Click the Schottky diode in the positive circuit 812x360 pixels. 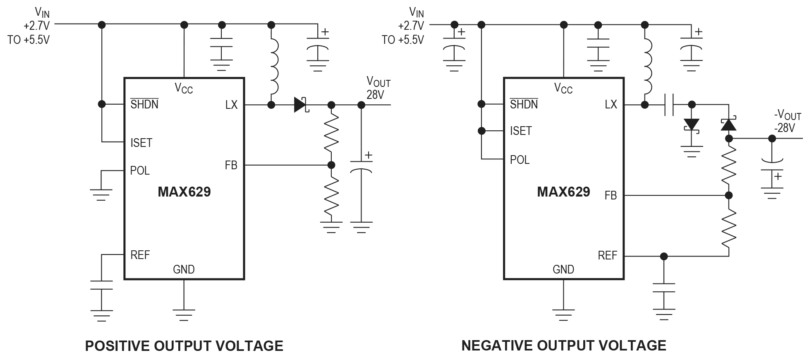[301, 105]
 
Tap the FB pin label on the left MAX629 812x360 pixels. [231, 166]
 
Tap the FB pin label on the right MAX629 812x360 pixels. [610, 195]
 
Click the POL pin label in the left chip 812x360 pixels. [140, 170]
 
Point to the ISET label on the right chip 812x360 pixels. [520, 131]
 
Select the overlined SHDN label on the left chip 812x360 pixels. [144, 104]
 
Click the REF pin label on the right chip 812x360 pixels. [607, 256]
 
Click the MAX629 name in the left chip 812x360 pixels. [184, 192]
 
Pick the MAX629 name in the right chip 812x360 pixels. [563, 192]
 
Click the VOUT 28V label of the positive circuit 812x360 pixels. [378, 88]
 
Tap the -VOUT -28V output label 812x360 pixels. [787, 122]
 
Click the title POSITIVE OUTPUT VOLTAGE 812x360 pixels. [184, 346]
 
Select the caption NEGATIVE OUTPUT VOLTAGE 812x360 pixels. [563, 346]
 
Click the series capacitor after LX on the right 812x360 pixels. [669, 105]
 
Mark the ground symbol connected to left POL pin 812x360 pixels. [101, 194]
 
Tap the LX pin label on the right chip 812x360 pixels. [611, 105]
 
